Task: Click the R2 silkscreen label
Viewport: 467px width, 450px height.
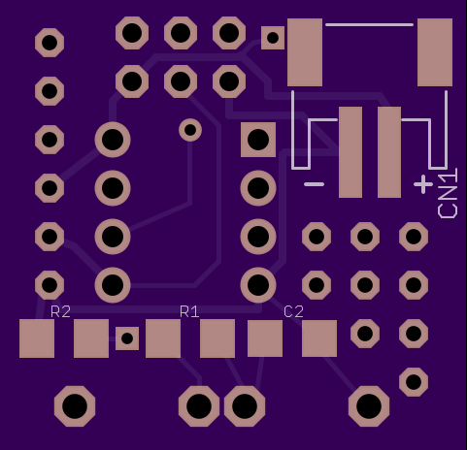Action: click(60, 311)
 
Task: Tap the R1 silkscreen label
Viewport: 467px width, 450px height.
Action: click(189, 311)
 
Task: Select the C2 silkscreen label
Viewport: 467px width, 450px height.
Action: click(293, 311)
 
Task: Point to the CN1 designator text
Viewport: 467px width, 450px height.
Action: click(448, 193)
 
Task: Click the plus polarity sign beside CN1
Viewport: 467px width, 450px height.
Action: click(423, 184)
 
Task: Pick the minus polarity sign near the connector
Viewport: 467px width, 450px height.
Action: click(315, 184)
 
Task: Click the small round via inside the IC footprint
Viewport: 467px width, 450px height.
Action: click(190, 130)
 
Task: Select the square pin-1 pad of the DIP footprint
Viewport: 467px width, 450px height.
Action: click(258, 140)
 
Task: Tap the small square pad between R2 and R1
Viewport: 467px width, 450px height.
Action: click(127, 338)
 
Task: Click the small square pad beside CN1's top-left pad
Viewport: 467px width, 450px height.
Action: click(273, 38)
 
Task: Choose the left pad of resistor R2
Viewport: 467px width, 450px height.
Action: click(37, 338)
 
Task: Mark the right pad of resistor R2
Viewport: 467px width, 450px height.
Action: click(91, 338)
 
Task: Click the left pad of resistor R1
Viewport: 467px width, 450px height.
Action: click(163, 338)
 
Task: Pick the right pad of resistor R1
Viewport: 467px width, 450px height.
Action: click(217, 338)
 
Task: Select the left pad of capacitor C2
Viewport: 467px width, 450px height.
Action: click(265, 338)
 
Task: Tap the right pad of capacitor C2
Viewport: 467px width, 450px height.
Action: click(319, 338)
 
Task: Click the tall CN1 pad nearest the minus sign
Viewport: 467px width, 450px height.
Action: click(350, 152)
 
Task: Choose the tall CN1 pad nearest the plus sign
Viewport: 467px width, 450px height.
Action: click(389, 152)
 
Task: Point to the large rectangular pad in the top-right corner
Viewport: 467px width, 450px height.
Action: click(435, 52)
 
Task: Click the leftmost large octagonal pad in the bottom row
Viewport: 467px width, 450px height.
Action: click(75, 406)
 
